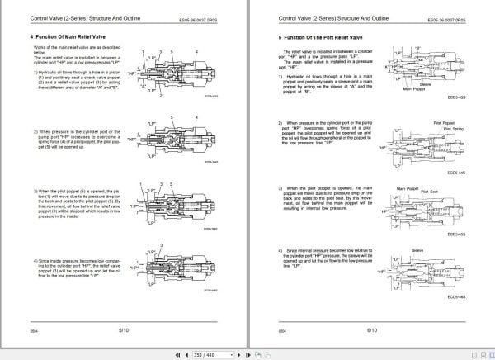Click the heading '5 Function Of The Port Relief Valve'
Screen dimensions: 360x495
click(316, 38)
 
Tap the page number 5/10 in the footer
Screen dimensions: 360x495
click(125, 329)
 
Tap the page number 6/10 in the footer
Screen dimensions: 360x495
click(373, 329)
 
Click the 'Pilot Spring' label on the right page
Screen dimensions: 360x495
click(453, 128)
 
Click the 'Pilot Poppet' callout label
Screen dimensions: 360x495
click(442, 122)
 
